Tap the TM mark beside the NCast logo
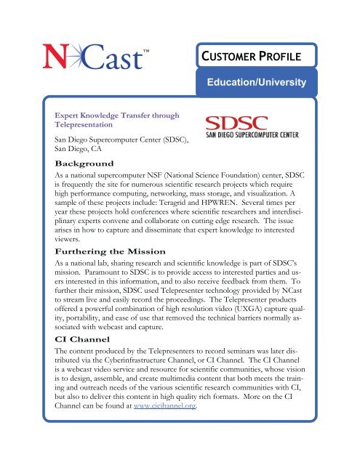pyautogui.click(x=145, y=52)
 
